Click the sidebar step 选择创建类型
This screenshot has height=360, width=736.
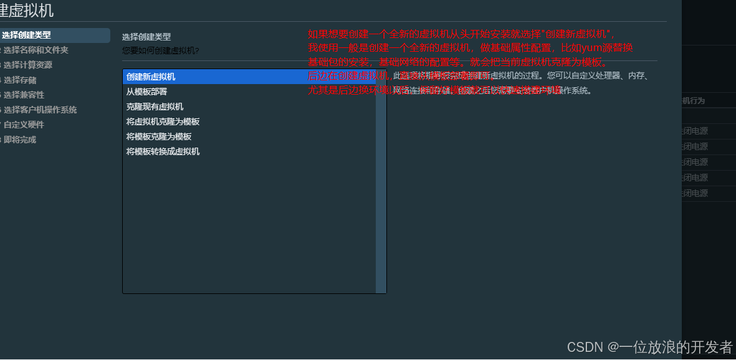coord(26,35)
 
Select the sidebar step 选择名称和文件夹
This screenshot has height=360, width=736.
coord(36,50)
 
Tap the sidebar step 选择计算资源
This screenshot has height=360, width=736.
coord(27,65)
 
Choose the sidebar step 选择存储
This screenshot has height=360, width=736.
coord(20,80)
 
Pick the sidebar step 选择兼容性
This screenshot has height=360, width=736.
coord(24,95)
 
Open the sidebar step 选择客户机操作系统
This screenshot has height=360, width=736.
coord(40,110)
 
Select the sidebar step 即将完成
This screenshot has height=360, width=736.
coord(20,140)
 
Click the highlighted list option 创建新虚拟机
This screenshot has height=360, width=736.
coord(151,77)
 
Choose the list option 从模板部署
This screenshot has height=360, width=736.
coord(146,92)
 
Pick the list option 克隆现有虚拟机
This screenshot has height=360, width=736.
coord(155,107)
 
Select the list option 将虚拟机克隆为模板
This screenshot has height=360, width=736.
coord(163,121)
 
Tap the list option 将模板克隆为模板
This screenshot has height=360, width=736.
coord(158,136)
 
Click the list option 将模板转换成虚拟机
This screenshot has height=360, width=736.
coord(163,151)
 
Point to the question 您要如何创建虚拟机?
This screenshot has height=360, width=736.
coord(160,50)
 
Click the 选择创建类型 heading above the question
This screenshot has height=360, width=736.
coord(146,37)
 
